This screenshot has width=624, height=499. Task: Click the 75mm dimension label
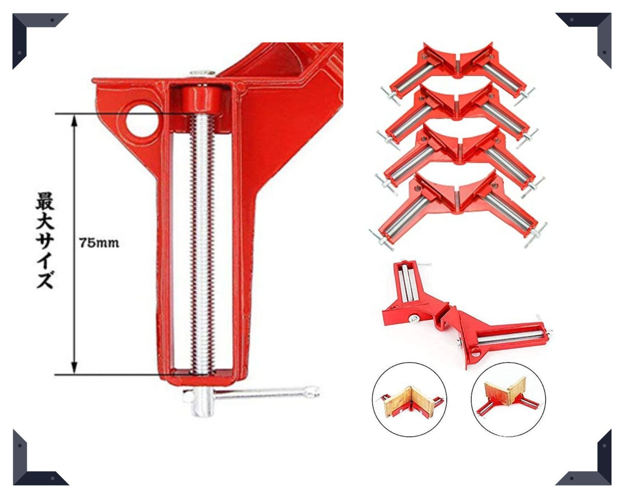99,243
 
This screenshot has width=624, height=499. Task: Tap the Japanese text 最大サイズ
45,241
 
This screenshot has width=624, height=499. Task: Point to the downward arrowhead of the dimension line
74,368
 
